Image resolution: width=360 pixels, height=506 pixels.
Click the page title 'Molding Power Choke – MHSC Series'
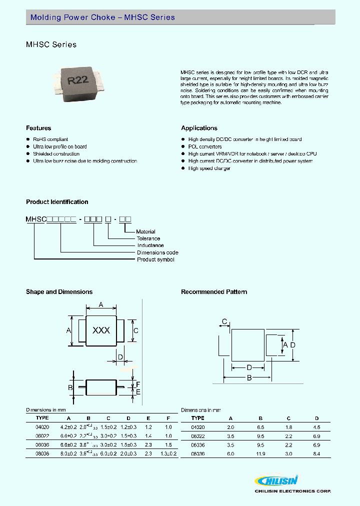click(102, 17)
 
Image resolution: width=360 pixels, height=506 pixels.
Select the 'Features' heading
click(38, 128)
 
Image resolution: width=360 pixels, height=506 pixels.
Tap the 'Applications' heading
click(199, 128)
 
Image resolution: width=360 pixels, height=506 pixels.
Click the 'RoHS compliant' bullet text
click(50, 139)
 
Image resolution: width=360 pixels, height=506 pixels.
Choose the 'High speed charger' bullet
click(209, 168)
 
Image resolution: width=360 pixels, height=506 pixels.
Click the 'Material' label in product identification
click(146, 231)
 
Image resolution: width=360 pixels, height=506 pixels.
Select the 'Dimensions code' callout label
click(157, 252)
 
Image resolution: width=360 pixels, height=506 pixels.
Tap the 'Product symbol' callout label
click(155, 259)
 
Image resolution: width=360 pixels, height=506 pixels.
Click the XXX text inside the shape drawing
click(101, 330)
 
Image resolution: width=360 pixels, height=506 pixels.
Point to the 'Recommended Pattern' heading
click(214, 292)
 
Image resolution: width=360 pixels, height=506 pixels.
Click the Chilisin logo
click(276, 481)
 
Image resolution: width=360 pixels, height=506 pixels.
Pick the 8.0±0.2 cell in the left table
click(68, 454)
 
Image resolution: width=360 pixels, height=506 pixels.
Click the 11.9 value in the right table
click(259, 454)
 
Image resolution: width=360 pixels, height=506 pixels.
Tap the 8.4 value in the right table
click(316, 454)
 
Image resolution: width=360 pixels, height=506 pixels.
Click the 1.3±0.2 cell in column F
click(168, 454)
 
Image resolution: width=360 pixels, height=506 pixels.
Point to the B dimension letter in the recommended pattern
click(248, 378)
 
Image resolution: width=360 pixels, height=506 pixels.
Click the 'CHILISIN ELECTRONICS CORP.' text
click(292, 491)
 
